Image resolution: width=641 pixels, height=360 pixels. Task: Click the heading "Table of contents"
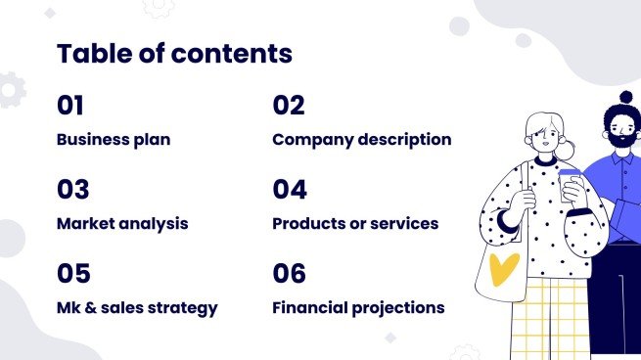174,54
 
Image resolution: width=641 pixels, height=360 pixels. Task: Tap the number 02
289,106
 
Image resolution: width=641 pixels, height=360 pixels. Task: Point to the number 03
73,190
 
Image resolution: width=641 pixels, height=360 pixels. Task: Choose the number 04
290,190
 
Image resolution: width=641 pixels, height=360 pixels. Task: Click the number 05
73,274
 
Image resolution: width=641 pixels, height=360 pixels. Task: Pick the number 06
290,274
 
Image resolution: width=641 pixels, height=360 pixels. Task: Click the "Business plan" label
114,139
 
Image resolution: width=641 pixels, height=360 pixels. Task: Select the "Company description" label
361,139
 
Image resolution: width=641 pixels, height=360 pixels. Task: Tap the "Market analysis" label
122,223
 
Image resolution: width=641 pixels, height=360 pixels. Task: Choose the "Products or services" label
355,223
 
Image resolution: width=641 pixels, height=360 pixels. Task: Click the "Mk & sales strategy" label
137,308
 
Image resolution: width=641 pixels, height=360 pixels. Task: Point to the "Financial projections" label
358,308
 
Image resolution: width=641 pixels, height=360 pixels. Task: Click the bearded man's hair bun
626,97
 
